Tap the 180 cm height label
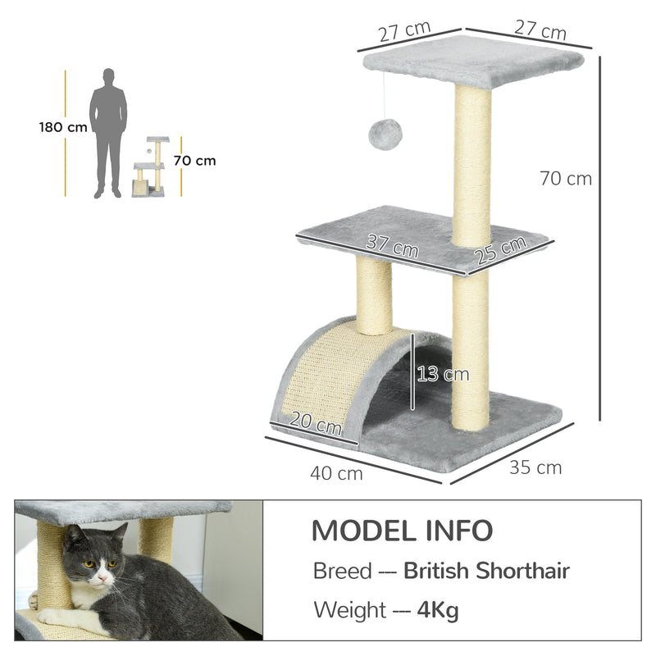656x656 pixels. (x=62, y=127)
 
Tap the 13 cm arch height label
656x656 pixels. (x=443, y=374)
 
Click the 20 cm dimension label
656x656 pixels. (x=316, y=424)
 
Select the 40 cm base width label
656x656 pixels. (x=336, y=473)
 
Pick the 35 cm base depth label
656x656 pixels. (x=535, y=467)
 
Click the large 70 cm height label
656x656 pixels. (x=566, y=178)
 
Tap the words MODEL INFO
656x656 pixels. (x=402, y=531)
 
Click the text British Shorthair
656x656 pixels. (x=486, y=571)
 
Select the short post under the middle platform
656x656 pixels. (x=374, y=295)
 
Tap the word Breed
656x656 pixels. (x=342, y=571)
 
